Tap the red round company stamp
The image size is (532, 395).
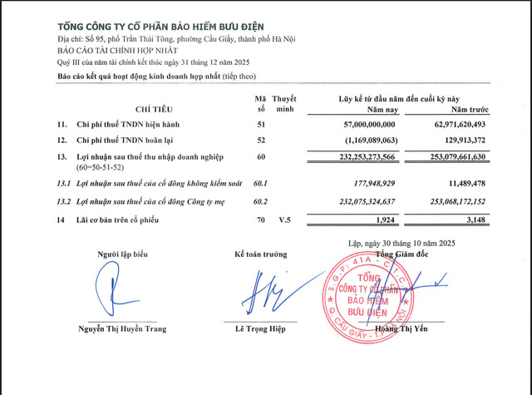click(x=372, y=292)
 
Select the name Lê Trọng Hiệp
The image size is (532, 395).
click(x=260, y=329)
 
